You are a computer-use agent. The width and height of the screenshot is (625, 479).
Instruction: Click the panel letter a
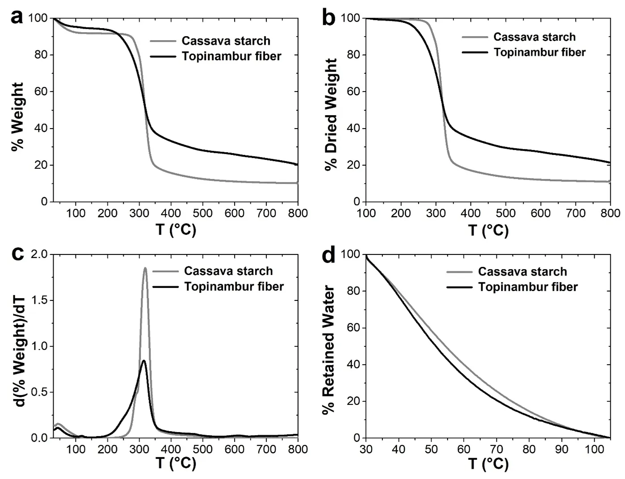pos(17,18)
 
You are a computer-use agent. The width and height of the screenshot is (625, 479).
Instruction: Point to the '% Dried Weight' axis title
pos(331,115)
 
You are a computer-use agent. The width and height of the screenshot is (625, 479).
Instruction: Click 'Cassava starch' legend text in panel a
pos(226,41)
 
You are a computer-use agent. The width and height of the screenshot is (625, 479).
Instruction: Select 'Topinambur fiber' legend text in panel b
pos(539,52)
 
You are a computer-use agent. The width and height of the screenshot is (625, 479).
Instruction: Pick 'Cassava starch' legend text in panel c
pos(228,271)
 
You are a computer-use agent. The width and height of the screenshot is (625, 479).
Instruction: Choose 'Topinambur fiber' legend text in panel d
pos(528,287)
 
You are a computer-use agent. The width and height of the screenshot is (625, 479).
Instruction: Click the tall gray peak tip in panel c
pos(145,268)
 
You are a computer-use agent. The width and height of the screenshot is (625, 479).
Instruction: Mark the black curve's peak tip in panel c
pos(143,360)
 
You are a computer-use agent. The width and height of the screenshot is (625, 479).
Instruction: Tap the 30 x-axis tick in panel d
pos(366,449)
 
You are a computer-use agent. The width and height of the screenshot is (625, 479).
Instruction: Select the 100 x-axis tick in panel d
pos(594,449)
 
